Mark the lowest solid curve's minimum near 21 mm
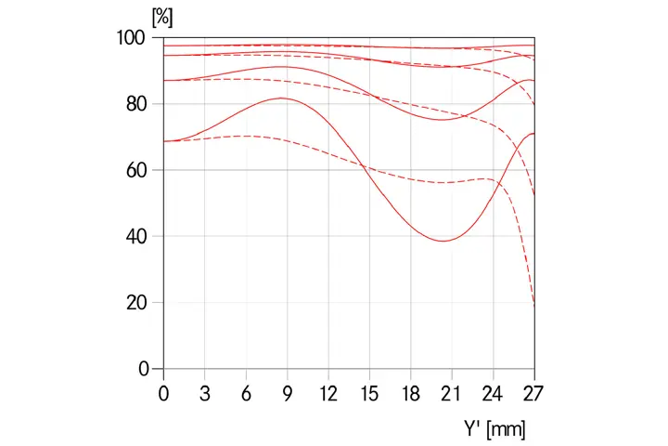point(443,241)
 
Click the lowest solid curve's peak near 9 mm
point(283,98)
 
